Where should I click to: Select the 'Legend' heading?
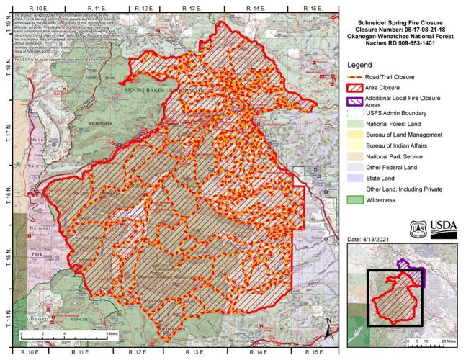click(359, 64)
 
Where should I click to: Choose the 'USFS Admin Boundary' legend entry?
click(395, 113)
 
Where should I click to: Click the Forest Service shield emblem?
click(418, 228)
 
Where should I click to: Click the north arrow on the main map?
click(328, 330)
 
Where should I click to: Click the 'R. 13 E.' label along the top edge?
click(191, 6)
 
